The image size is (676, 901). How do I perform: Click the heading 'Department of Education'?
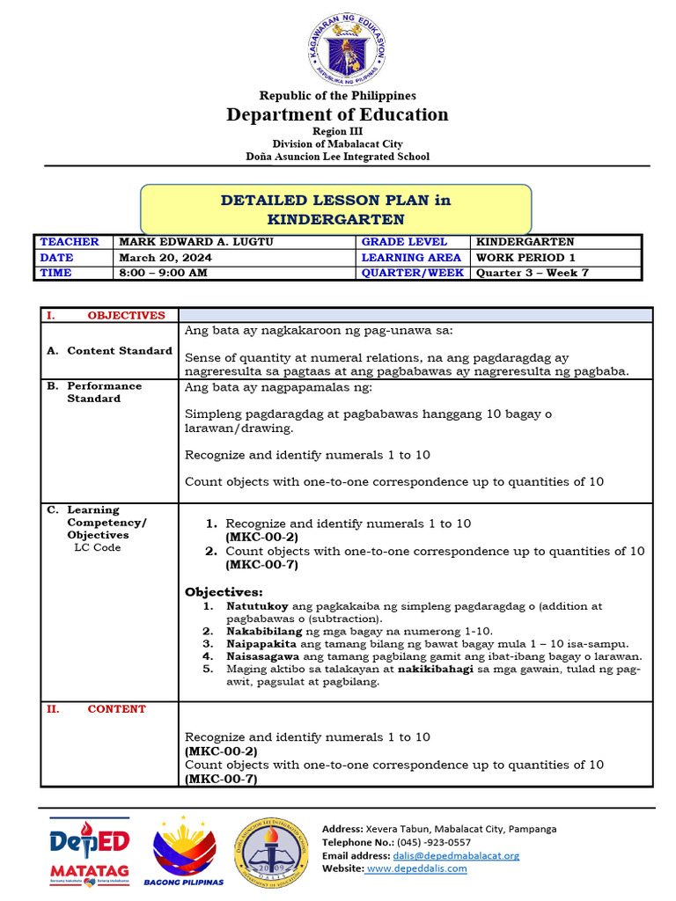point(337,114)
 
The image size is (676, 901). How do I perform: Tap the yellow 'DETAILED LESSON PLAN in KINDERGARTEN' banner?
point(335,209)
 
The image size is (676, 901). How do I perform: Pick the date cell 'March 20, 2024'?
point(165,258)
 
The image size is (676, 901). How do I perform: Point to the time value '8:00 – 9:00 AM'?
point(164,274)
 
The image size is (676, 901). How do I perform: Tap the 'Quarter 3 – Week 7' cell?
point(533,274)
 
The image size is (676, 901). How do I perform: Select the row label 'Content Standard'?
point(119,351)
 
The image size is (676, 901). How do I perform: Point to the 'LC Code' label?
point(98,547)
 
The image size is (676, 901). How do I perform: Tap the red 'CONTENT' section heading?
point(116,709)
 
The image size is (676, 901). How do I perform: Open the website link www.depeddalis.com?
point(416,868)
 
